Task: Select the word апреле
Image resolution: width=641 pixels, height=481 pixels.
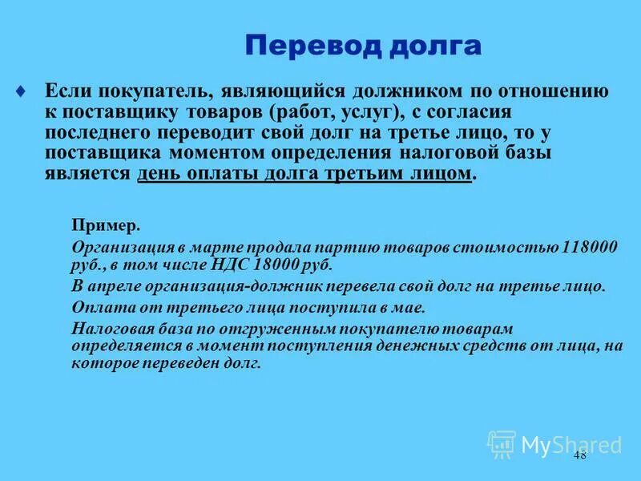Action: [x=121, y=285]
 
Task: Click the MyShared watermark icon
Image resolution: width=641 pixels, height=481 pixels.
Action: [x=502, y=444]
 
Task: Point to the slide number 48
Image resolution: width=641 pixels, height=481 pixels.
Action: [x=580, y=455]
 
